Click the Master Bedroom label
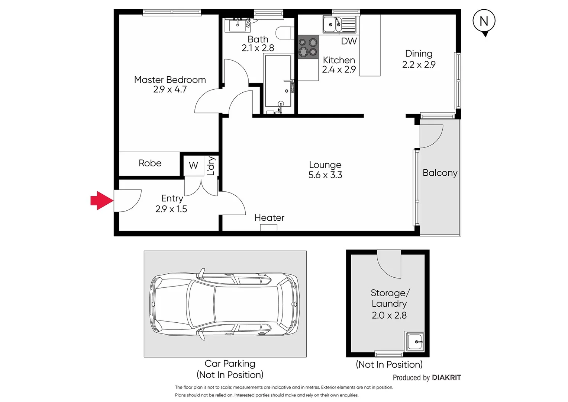(170, 80)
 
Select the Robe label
(150, 163)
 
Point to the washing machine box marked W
(194, 165)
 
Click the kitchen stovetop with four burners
(308, 47)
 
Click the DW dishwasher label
(349, 41)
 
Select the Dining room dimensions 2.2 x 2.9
(419, 64)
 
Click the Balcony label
(440, 173)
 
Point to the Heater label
(269, 218)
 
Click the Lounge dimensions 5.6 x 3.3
(325, 175)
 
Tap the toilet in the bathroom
(285, 33)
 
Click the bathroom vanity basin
(237, 25)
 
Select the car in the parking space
(225, 304)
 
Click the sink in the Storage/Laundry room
(414, 341)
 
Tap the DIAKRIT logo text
(446, 377)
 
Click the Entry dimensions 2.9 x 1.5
(171, 209)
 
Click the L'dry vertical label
(211, 166)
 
